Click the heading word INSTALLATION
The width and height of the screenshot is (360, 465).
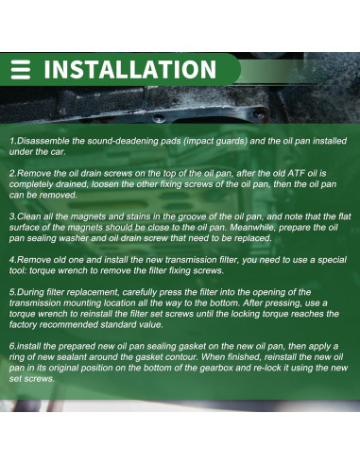(x=129, y=70)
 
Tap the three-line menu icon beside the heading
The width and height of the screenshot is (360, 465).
(x=23, y=70)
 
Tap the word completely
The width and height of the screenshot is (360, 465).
(x=36, y=185)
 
